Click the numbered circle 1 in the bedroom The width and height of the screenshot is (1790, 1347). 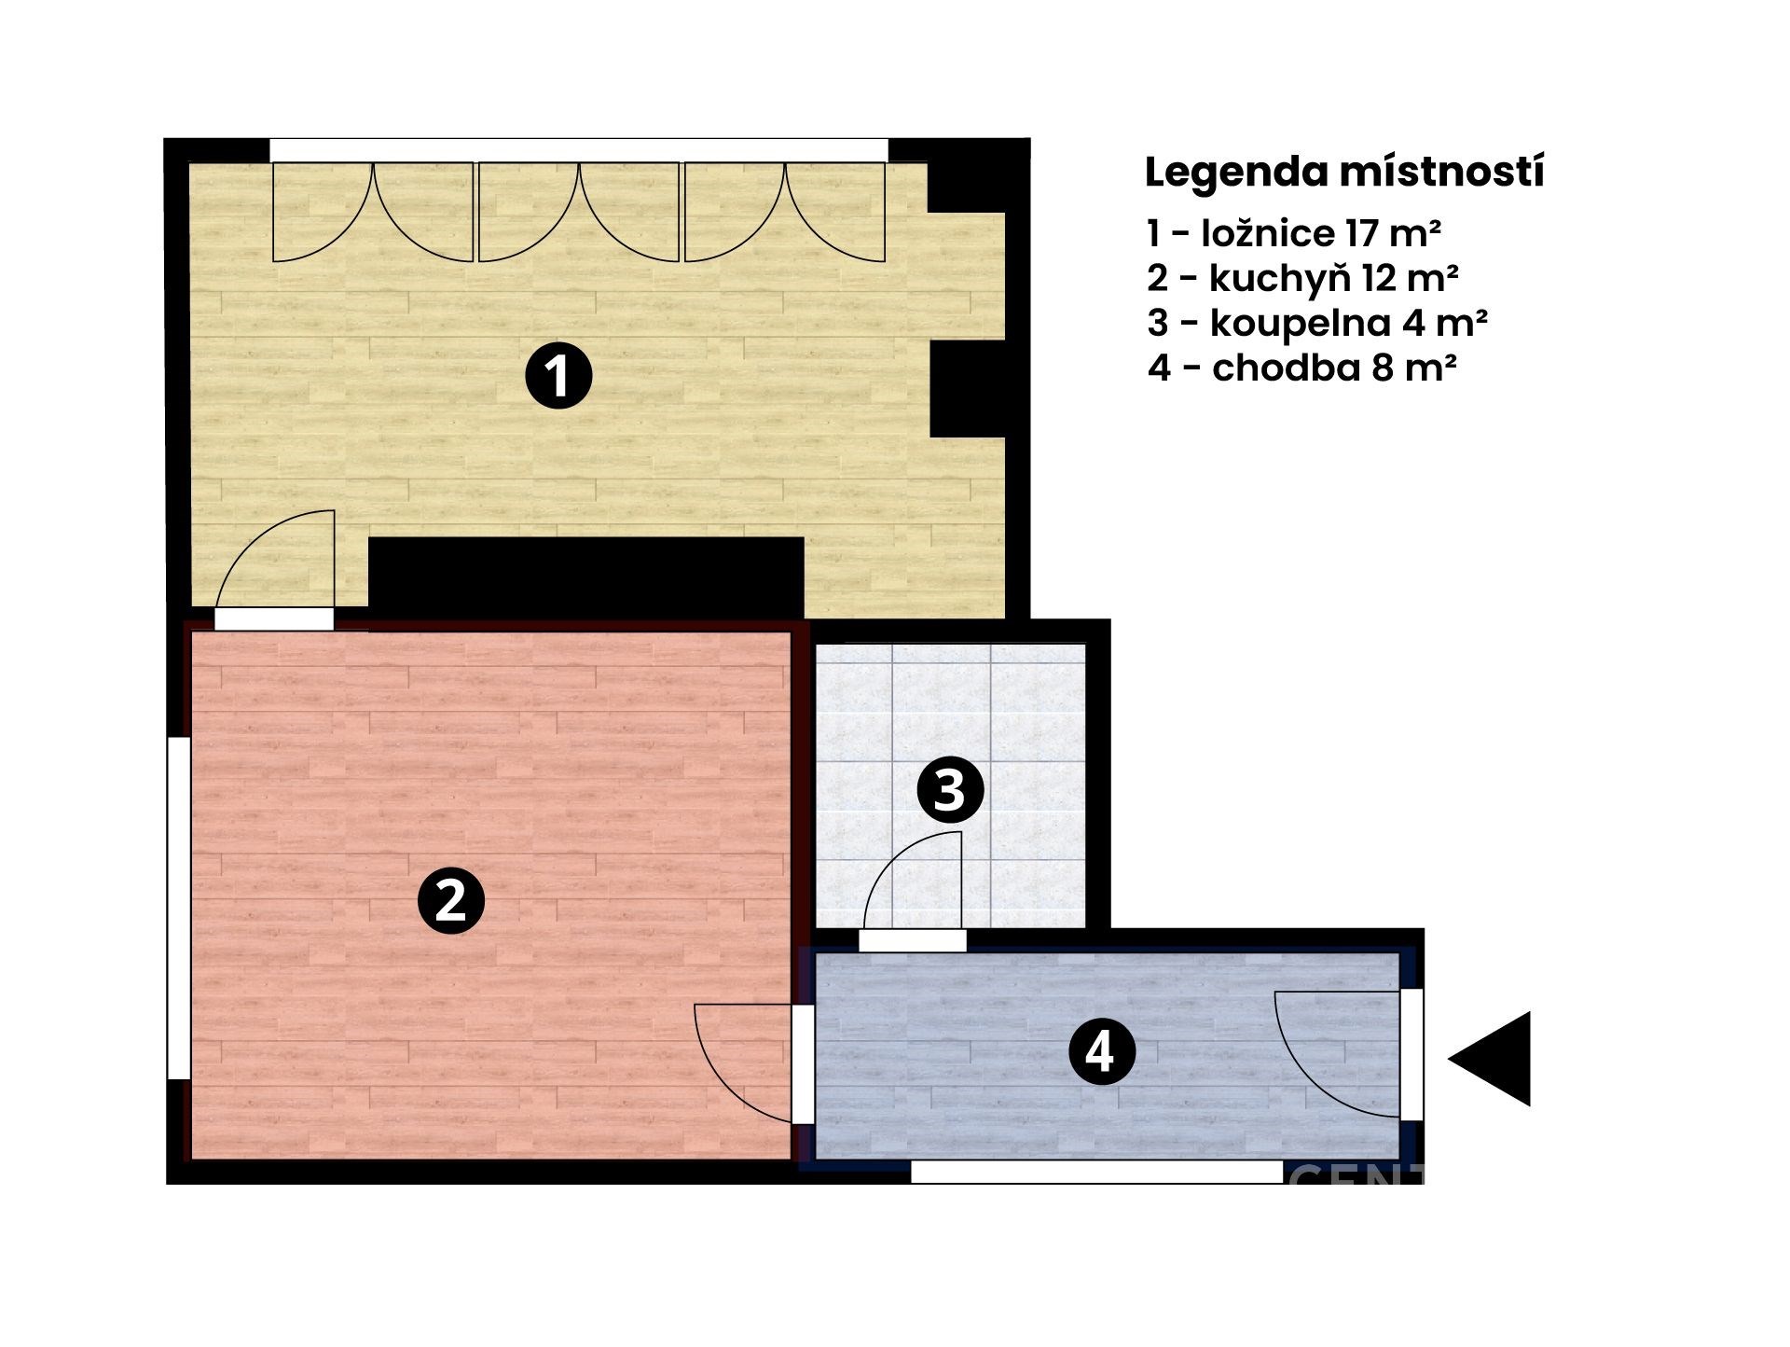tap(558, 376)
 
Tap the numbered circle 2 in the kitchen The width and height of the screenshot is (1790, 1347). tap(451, 900)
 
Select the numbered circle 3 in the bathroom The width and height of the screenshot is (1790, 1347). tap(950, 790)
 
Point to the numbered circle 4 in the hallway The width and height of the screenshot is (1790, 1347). tap(1101, 1051)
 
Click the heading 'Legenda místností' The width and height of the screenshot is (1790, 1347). tap(1344, 174)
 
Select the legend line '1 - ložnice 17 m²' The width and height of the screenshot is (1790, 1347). tap(1295, 233)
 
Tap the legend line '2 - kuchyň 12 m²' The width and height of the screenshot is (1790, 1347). tap(1303, 278)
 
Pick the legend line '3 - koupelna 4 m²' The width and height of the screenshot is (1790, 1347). tap(1317, 323)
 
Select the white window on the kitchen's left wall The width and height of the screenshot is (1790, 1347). tap(179, 908)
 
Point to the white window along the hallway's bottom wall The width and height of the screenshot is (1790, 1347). tap(1096, 1173)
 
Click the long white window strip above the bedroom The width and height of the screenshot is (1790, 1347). tap(579, 150)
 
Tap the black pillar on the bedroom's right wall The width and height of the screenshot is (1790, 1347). tap(968, 389)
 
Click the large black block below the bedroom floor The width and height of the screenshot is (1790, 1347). tap(586, 577)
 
